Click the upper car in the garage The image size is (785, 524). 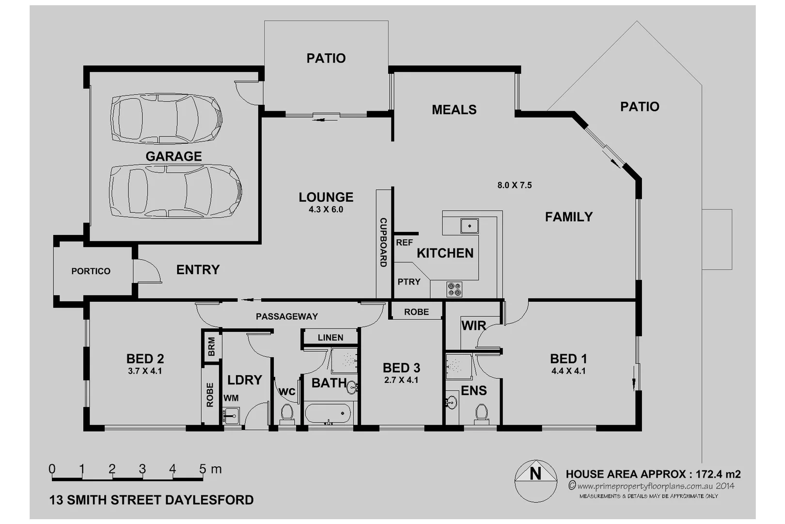point(166,118)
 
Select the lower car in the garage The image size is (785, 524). point(175,191)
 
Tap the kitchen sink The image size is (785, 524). point(469,226)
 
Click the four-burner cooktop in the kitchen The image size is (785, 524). point(455,289)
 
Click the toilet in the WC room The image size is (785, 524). point(287,413)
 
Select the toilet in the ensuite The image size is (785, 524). point(481,413)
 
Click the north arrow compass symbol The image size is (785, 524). point(535,480)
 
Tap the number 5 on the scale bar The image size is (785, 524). point(203,469)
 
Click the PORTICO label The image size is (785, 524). point(91,271)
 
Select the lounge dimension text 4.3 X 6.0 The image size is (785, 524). point(326,210)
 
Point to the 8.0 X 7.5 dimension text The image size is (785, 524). point(514,185)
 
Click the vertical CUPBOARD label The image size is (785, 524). point(383,243)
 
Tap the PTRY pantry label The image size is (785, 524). point(408,282)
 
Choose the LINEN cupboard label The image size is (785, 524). point(330,338)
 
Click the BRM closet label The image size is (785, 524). point(212,347)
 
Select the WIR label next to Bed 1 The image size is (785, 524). point(473,326)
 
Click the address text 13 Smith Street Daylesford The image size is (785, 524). point(151,500)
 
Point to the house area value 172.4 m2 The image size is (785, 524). point(718,474)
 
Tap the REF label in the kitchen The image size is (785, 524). point(404,243)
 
